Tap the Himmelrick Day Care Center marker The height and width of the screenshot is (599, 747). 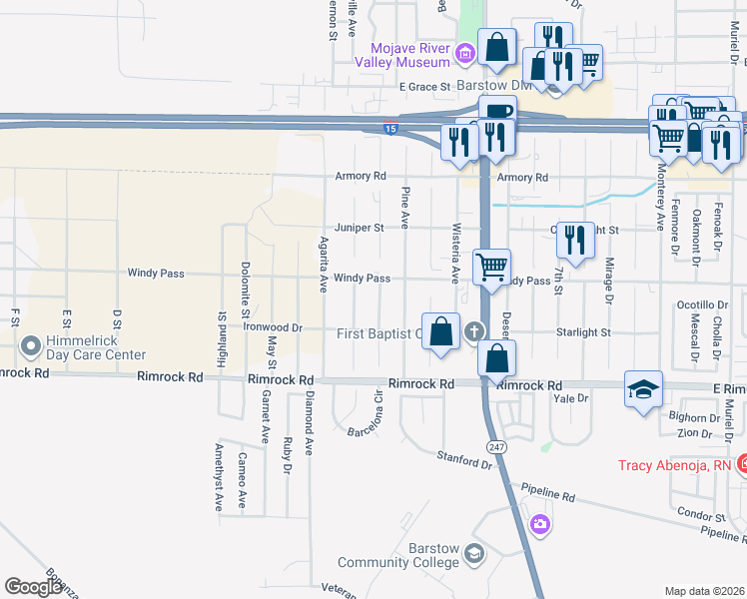[29, 346]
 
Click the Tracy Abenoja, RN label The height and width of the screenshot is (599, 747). [676, 465]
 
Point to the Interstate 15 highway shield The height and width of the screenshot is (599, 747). [390, 128]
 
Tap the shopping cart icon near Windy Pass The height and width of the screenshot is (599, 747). [491, 268]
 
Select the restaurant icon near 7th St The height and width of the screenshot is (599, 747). [575, 240]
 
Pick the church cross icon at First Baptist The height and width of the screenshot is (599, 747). [473, 332]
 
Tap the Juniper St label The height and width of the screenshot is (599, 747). [360, 228]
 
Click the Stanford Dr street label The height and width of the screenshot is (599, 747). [465, 458]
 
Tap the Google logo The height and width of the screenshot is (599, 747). [33, 587]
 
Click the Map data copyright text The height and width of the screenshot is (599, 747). [704, 591]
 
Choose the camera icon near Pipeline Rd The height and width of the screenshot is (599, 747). [540, 523]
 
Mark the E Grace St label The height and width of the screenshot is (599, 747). [425, 87]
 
